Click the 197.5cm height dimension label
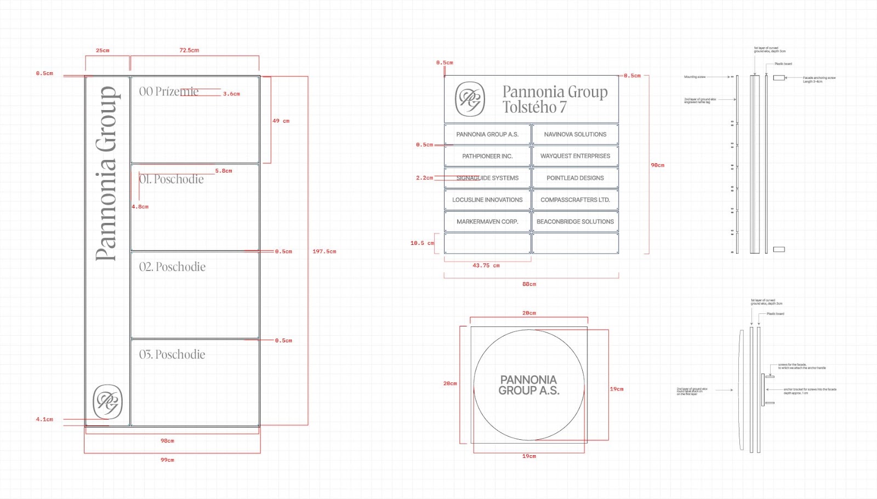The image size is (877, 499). (324, 251)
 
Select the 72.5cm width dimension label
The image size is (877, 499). (189, 50)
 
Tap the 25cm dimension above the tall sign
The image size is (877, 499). (102, 50)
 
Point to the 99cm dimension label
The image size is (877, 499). (167, 460)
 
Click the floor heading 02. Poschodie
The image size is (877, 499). (172, 267)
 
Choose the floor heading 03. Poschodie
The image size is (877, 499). (172, 355)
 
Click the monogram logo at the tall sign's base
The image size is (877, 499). (107, 402)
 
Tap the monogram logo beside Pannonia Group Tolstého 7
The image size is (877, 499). (470, 99)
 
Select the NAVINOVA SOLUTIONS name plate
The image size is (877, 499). (575, 134)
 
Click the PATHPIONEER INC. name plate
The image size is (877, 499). (487, 156)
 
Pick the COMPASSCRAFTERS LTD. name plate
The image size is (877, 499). (575, 200)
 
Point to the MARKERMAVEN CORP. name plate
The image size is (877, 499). (487, 222)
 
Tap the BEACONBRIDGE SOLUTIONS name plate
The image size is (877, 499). (575, 222)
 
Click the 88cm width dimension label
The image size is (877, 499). (529, 284)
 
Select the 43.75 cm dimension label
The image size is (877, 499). (486, 266)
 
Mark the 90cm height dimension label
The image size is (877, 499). (657, 165)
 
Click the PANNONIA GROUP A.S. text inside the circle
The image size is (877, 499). (529, 385)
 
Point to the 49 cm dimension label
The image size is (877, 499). (281, 121)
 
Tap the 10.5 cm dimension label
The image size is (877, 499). (422, 243)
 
